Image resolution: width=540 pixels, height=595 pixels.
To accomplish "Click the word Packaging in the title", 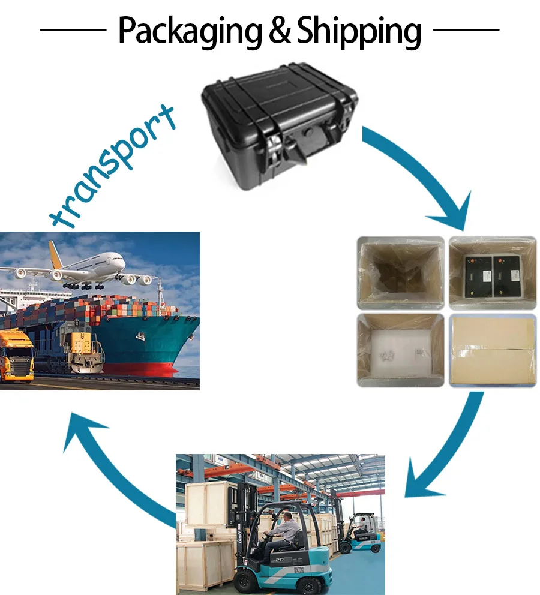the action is (x=190, y=31).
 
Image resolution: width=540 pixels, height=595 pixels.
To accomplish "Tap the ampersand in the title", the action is (x=279, y=31).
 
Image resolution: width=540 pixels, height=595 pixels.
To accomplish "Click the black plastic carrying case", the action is (x=280, y=128).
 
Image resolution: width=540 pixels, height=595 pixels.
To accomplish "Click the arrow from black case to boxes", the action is (x=420, y=174).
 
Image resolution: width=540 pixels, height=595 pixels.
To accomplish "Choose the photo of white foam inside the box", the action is (x=400, y=350).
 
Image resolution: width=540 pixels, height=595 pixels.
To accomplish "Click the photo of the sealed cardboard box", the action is (x=492, y=350).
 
